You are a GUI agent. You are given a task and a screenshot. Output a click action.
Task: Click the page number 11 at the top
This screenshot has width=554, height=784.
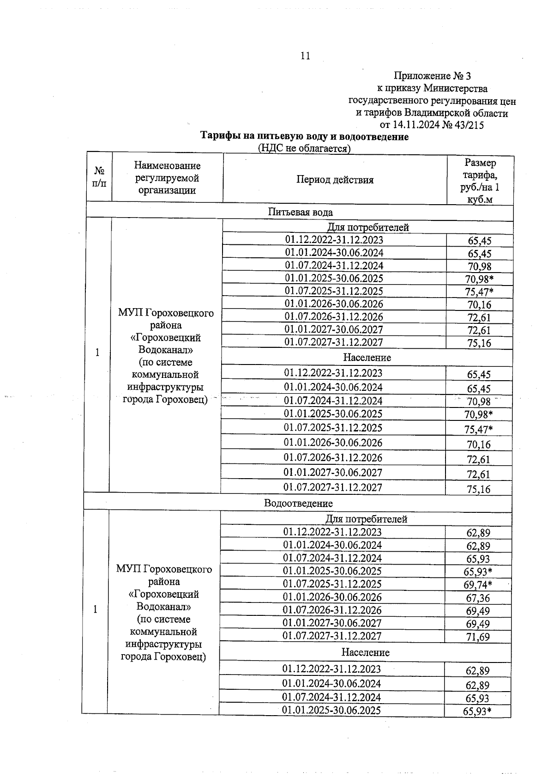pos(305,56)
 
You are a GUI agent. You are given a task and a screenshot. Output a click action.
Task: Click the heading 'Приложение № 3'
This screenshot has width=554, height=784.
pos(432,76)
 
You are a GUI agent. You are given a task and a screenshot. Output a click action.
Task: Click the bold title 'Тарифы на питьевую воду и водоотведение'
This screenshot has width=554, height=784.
pos(304,137)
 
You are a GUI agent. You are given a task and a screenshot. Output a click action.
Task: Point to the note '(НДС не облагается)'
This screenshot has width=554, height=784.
pos(304,148)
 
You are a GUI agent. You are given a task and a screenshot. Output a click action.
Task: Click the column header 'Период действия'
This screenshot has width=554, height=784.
pos(335,180)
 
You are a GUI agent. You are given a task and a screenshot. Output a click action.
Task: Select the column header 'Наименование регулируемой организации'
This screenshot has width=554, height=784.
pos(167,178)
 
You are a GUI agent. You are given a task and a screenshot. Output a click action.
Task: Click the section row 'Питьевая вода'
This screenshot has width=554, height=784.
pos(300,212)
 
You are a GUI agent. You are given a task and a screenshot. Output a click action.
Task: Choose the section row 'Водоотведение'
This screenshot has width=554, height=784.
pos(298,503)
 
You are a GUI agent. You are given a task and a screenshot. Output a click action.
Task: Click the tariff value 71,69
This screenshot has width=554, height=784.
pos(478,637)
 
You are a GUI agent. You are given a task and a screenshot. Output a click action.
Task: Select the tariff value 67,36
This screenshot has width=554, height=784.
pos(478,598)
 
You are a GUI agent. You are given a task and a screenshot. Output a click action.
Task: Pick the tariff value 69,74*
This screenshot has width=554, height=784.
pos(478,585)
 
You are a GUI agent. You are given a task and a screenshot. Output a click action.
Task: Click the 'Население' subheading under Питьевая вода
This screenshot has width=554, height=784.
pos(367,358)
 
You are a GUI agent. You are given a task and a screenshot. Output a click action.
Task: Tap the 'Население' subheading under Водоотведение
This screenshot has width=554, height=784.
pos(365,652)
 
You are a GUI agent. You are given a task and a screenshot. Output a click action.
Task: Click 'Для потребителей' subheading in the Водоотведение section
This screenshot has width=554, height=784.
pos(367,519)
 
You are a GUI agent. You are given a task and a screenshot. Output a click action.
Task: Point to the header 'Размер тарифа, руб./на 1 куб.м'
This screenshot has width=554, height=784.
pos(480,181)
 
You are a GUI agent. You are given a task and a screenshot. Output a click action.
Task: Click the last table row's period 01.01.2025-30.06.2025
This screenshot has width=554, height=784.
pos(331,710)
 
